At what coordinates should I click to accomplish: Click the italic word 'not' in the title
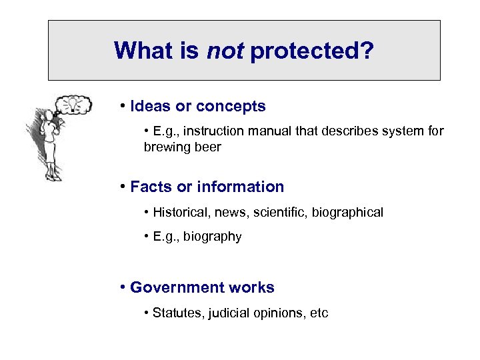click(225, 51)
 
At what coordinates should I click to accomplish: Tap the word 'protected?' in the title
click(311, 51)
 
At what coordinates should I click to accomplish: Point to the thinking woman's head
click(48, 117)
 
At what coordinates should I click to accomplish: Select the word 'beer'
click(206, 147)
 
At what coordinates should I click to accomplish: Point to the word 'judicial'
click(229, 313)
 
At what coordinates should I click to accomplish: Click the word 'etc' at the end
click(319, 313)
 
